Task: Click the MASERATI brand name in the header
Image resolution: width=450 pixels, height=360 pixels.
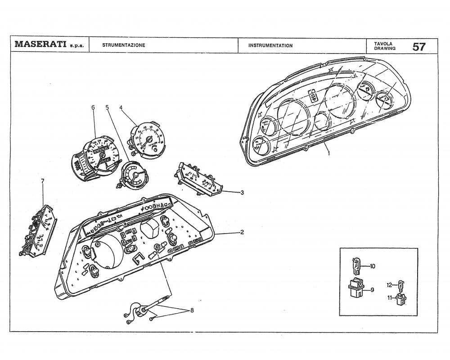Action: (41, 45)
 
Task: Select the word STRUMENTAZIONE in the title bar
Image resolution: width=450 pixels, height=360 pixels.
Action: (123, 45)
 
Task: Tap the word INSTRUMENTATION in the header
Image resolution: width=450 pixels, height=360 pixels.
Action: (270, 45)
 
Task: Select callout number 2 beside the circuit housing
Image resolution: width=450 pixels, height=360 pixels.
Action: (242, 232)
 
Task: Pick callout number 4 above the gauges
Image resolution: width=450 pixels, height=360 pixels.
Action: (121, 108)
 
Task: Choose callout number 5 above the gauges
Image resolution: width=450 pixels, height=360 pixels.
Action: (107, 108)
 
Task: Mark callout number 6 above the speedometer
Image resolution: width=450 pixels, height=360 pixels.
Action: (93, 108)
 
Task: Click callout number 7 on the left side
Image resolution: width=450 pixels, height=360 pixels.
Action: (42, 181)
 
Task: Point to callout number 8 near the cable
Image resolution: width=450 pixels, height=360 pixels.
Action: (192, 310)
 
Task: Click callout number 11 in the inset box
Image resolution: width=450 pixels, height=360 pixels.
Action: (390, 297)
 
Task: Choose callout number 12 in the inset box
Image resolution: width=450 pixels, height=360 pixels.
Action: (390, 284)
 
